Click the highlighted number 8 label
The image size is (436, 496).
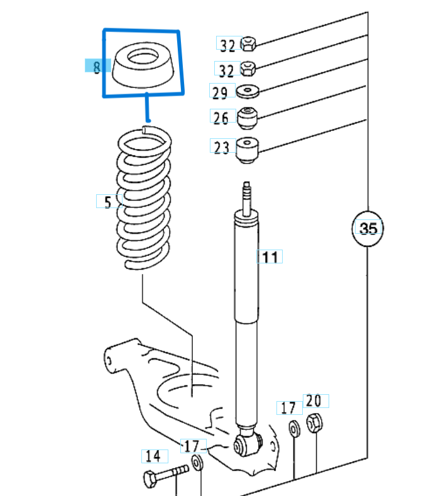pyautogui.click(x=97, y=67)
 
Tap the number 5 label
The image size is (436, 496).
pyautogui.click(x=107, y=202)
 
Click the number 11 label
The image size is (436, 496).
pyautogui.click(x=270, y=256)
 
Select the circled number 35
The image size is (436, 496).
pyautogui.click(x=368, y=228)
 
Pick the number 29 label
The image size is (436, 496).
pyautogui.click(x=220, y=93)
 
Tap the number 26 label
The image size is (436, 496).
pyautogui.click(x=221, y=118)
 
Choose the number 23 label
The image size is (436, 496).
pyautogui.click(x=221, y=148)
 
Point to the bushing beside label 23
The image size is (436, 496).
pyautogui.click(x=248, y=149)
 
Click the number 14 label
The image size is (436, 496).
pyautogui.click(x=153, y=456)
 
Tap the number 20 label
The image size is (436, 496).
pyautogui.click(x=314, y=400)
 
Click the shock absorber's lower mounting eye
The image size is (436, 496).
pyautogui.click(x=248, y=446)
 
